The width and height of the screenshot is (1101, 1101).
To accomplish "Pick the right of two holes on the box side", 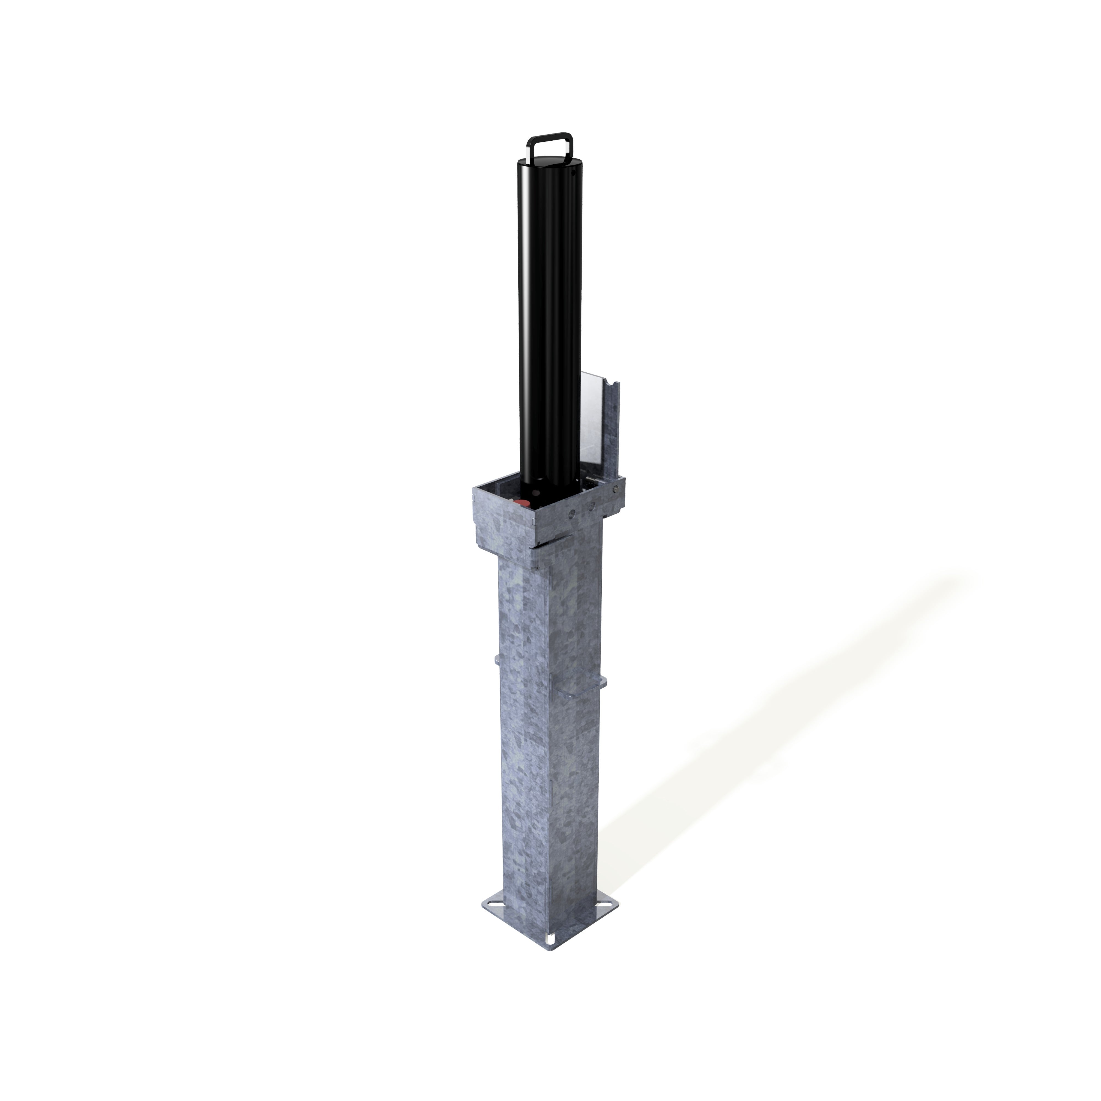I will [593, 505].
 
